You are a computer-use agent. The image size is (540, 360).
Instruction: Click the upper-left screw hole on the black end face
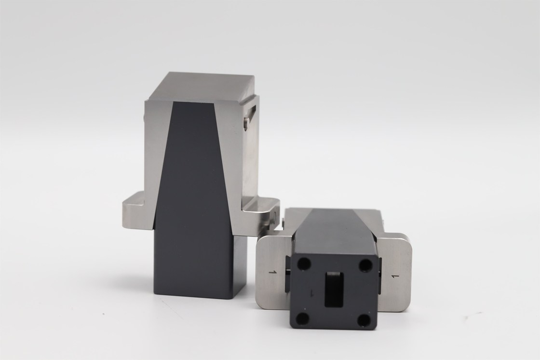[305, 264]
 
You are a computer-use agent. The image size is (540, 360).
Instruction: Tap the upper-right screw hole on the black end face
[366, 264]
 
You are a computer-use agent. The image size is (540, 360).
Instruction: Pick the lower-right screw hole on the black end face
[363, 319]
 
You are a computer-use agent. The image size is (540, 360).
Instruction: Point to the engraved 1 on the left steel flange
[273, 273]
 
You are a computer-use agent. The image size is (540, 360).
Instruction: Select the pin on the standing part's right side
[245, 124]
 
